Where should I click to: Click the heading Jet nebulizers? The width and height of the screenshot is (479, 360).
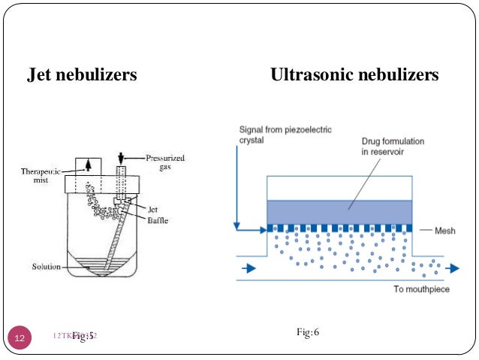(81, 75)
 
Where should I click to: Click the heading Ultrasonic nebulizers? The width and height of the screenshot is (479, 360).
(354, 75)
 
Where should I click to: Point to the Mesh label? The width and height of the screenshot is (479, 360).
(444, 231)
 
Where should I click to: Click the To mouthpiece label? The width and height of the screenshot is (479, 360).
(421, 289)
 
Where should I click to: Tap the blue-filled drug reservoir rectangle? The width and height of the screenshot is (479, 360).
(339, 211)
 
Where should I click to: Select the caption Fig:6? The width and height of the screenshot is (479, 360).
(309, 331)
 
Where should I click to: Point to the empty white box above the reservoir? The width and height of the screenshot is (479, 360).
(339, 188)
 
